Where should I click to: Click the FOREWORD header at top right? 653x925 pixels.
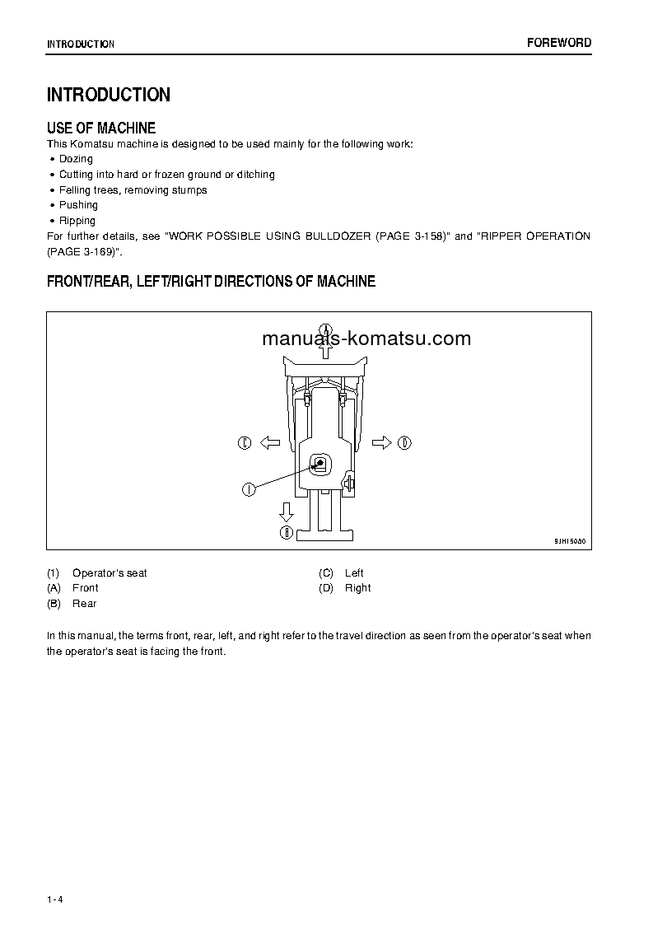click(559, 43)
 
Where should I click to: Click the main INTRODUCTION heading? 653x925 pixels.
click(109, 95)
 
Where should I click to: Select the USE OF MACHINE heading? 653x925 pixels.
click(101, 128)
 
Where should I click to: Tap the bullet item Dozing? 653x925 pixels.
click(76, 159)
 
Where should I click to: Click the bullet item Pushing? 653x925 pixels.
click(78, 205)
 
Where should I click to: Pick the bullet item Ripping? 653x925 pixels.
click(77, 221)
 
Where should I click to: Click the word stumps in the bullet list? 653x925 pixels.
click(189, 190)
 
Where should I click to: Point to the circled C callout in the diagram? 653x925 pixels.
click(245, 443)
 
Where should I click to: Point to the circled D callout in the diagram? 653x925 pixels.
click(404, 443)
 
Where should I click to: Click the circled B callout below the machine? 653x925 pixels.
click(286, 533)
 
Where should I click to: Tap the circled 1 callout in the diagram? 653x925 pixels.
click(248, 489)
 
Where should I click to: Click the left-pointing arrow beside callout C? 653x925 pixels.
click(269, 443)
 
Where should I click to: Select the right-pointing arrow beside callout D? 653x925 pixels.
click(381, 443)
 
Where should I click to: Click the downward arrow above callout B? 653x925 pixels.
click(286, 512)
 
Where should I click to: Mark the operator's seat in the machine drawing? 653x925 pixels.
click(320, 465)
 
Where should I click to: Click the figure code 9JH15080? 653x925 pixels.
click(570, 541)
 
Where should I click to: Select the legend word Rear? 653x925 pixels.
click(84, 604)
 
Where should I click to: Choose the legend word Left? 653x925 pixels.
click(354, 573)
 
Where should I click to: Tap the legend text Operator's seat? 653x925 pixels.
click(110, 573)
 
